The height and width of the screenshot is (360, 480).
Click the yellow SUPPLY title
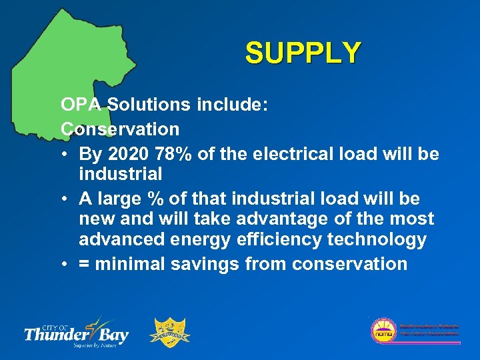[x=303, y=53]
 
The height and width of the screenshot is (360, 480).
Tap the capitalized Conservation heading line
[x=120, y=128]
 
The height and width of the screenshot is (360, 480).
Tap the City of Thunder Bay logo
[x=76, y=331]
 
